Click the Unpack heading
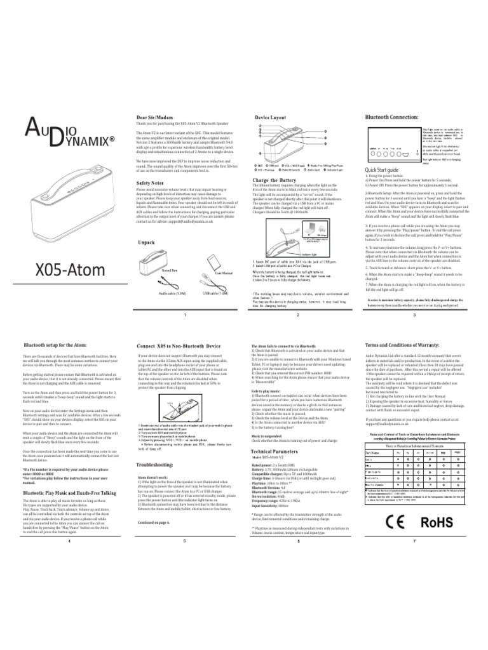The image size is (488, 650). [x=147, y=242]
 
